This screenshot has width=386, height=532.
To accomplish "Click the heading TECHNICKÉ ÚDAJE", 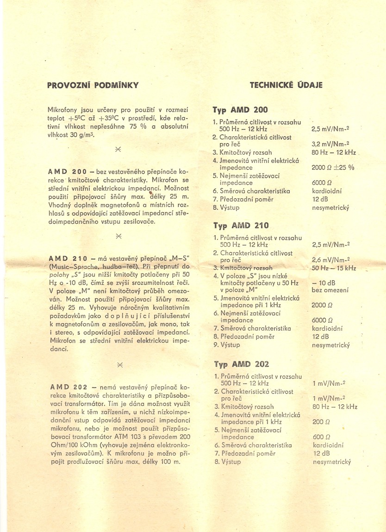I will (x=286, y=85).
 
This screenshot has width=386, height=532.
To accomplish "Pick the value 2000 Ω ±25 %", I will (x=333, y=168).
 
